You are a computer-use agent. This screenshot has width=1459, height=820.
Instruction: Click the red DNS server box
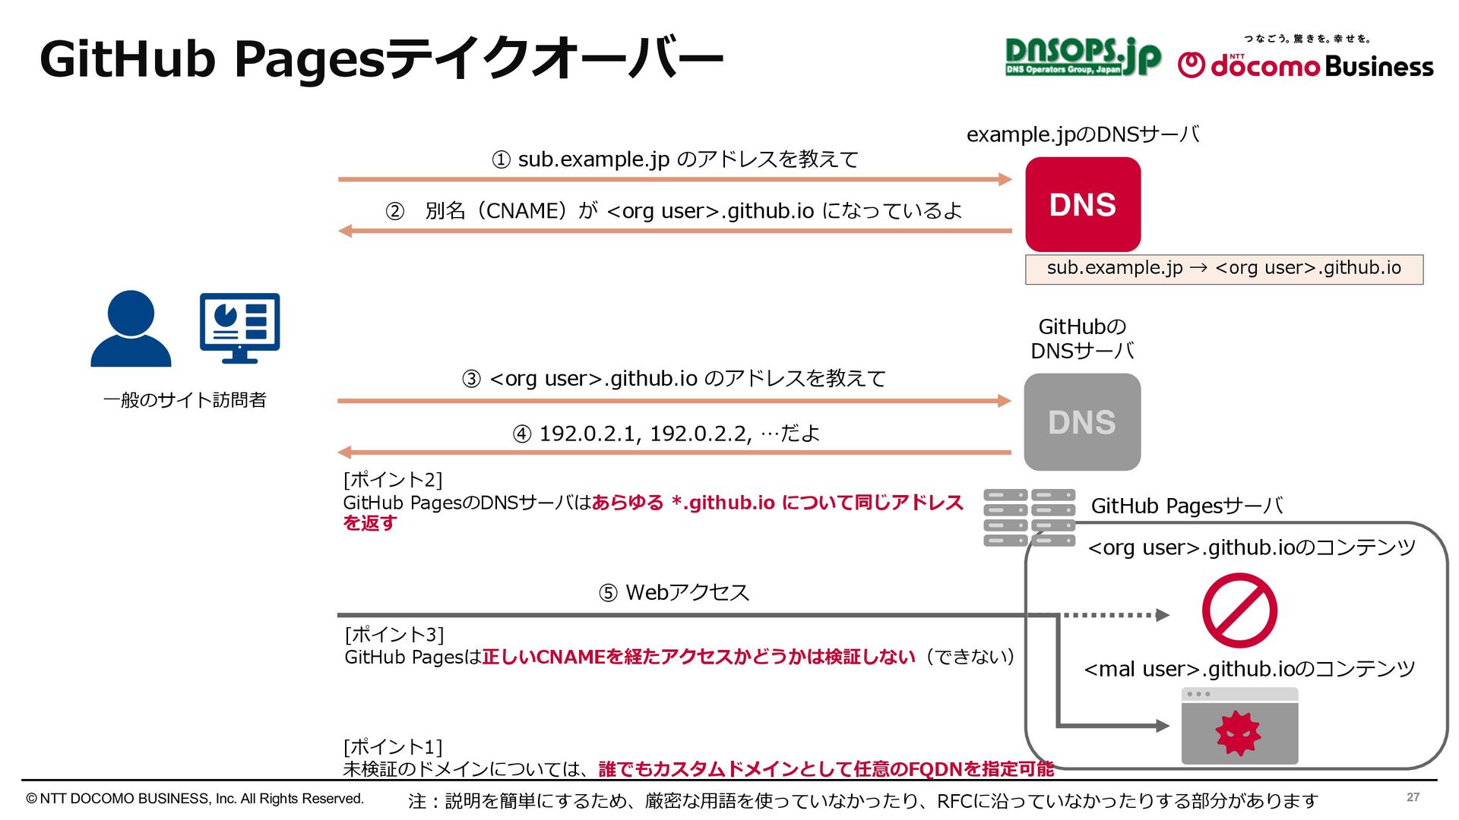(1082, 204)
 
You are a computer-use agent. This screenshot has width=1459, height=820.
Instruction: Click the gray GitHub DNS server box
(1082, 422)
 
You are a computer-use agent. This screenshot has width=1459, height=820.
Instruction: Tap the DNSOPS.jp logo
(1082, 57)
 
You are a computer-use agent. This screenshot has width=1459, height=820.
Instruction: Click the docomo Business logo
(1306, 61)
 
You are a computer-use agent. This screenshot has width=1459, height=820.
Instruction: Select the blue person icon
(131, 329)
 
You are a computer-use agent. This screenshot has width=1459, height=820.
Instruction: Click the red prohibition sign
(1239, 610)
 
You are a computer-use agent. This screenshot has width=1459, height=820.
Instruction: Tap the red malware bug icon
(1238, 733)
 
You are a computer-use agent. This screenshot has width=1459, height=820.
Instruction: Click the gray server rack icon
(1029, 518)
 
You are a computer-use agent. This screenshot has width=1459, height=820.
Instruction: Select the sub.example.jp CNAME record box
(1223, 269)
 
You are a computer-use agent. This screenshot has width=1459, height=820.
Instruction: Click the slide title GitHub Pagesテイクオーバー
(381, 59)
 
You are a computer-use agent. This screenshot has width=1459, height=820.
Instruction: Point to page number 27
(1413, 797)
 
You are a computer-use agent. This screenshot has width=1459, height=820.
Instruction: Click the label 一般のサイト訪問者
(185, 400)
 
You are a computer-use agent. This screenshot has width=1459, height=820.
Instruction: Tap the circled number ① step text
(675, 159)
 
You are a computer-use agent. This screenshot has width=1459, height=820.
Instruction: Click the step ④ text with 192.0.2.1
(666, 434)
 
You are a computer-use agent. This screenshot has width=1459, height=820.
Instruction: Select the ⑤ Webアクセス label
(673, 592)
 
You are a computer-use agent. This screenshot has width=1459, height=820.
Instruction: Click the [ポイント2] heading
(392, 480)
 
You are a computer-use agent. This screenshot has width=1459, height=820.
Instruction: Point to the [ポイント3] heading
(394, 634)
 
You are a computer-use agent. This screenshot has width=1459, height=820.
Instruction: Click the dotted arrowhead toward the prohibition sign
(1162, 615)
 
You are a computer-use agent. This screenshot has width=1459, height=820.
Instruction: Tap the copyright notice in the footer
(195, 799)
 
